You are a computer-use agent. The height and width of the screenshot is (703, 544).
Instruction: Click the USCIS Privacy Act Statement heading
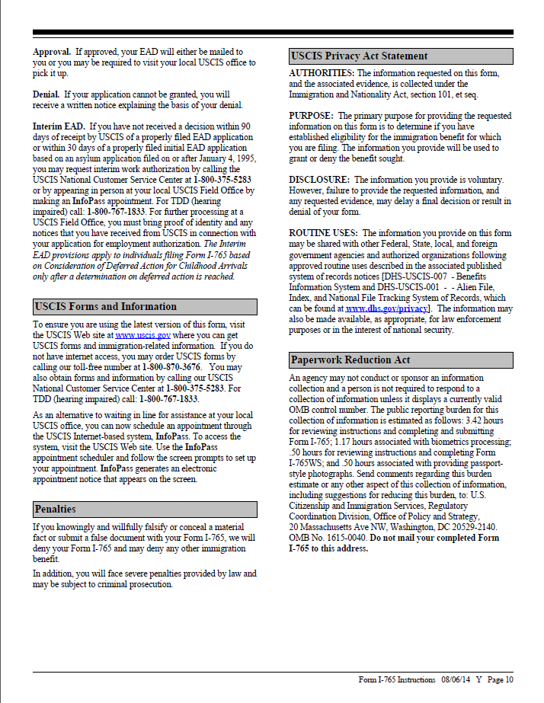(x=359, y=56)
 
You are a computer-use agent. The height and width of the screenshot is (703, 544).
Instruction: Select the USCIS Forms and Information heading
(x=106, y=307)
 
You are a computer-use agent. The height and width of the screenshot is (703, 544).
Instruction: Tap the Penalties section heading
(x=56, y=509)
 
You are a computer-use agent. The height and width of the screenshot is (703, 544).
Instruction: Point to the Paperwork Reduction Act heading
(x=350, y=360)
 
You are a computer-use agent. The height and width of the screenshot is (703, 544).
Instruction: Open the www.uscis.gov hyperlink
(x=142, y=335)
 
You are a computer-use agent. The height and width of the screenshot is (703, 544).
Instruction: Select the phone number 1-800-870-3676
(x=170, y=367)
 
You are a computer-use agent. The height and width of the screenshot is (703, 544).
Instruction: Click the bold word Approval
(x=52, y=52)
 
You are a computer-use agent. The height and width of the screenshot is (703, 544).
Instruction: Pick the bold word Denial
(x=46, y=94)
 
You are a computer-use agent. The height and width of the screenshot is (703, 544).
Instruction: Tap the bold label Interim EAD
(x=59, y=126)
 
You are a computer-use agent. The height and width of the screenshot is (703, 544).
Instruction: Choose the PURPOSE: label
(x=311, y=116)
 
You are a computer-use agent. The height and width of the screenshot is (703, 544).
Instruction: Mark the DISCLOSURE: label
(x=319, y=180)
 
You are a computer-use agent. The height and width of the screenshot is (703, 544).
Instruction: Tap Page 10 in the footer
(x=501, y=680)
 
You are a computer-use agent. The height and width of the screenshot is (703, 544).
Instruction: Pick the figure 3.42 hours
(x=484, y=420)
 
